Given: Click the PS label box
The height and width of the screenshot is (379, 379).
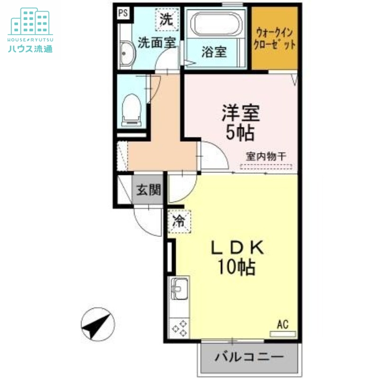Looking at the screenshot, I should click(x=123, y=13).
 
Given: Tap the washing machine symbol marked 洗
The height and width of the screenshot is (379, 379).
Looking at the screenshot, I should click(x=166, y=19).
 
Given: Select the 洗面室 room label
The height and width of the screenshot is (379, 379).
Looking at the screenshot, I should click(x=157, y=43).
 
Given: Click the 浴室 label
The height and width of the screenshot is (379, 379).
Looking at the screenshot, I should click(x=214, y=52).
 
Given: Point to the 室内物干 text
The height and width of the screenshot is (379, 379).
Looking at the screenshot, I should click(x=265, y=156).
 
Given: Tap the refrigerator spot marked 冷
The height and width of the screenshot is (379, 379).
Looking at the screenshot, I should click(x=179, y=220).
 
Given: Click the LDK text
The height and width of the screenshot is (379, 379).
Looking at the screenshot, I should click(x=236, y=247).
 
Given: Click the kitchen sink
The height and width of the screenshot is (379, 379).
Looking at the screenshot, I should click(x=180, y=287).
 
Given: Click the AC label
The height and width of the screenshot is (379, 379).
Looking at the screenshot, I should click(x=282, y=325).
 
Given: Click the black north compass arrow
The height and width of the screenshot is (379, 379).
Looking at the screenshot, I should click(x=97, y=324).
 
